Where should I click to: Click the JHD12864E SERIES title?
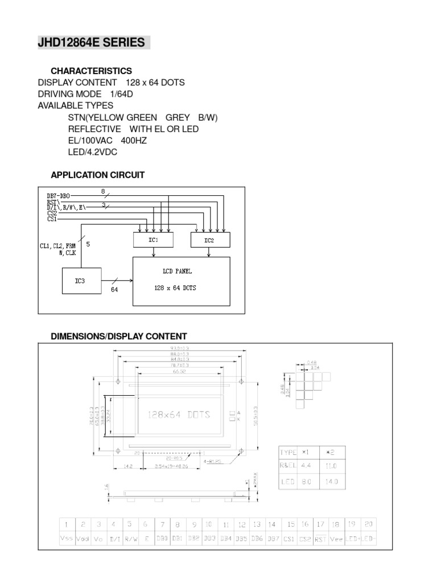93,43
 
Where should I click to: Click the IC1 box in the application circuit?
153,240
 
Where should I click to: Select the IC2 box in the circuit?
209,240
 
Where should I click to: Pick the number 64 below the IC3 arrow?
114,289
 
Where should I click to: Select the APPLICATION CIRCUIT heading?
98,175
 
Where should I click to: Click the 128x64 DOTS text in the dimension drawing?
179,414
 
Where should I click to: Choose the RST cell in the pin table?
320,539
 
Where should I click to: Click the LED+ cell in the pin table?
353,539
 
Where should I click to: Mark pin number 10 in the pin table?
209,524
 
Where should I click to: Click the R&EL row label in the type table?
288,466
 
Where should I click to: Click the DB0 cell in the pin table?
162,539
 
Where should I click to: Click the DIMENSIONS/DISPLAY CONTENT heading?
119,336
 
